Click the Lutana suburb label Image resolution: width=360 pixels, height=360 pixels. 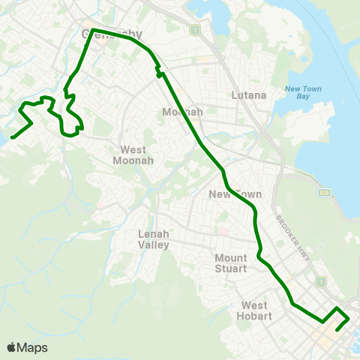coord(247,95)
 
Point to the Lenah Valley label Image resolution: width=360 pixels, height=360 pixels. coord(154,239)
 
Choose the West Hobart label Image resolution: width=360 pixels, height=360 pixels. coord(254,310)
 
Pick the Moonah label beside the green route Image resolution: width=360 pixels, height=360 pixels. coord(182,112)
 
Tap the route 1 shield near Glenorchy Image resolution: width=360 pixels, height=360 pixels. coord(195,29)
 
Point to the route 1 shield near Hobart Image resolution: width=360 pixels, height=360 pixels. coord(321,281)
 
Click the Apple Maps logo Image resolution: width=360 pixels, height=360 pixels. coord(28,347)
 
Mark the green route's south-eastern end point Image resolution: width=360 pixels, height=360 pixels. coord(337,328)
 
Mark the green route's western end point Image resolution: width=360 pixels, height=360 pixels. coord(13,136)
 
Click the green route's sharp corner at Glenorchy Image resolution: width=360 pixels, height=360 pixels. coord(93,29)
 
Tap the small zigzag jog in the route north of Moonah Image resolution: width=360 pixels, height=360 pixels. coord(158,72)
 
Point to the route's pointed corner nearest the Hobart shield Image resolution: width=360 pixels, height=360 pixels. coord(337,308)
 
